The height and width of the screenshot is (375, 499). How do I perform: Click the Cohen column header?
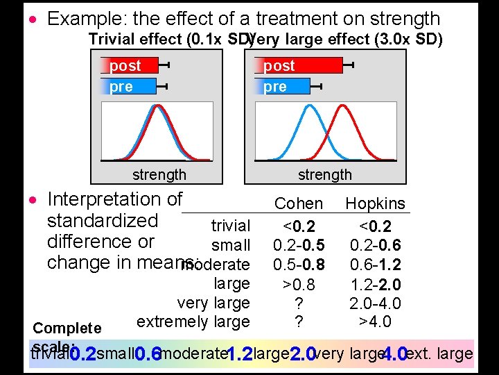299,203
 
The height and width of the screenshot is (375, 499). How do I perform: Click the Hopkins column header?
375,203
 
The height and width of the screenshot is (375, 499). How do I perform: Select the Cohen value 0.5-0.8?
299,264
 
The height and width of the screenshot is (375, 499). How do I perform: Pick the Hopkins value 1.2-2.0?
375,284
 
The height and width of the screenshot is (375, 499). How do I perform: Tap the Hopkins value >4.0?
375,322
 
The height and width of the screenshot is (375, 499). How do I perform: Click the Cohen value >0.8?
299,284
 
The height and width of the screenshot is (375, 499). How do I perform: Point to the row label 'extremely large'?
193,322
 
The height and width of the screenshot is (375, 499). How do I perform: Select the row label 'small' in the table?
231,245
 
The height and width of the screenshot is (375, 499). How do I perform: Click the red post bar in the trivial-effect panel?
130,66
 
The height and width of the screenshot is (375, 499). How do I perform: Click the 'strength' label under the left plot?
159,174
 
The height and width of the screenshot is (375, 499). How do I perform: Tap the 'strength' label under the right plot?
325,174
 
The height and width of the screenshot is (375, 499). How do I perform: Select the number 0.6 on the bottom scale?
148,355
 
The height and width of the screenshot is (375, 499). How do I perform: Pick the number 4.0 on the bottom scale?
393,355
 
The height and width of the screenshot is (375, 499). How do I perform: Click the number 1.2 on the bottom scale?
239,355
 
